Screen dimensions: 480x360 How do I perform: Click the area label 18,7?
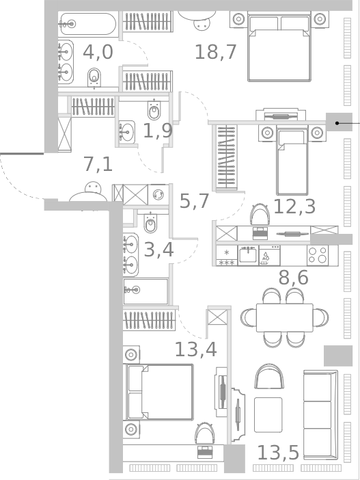point(216,51)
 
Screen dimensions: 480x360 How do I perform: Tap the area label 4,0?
point(98,52)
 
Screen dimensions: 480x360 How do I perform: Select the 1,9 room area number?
point(157,131)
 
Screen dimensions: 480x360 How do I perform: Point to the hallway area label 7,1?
point(98,165)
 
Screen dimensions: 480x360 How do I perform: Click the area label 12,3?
point(294,206)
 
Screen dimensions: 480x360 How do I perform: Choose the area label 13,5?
point(278,452)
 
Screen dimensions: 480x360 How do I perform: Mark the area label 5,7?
point(195,201)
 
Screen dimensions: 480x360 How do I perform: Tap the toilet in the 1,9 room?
point(154,109)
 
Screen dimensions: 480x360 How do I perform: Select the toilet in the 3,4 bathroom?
point(151,222)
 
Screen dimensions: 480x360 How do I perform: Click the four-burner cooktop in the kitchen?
point(318,255)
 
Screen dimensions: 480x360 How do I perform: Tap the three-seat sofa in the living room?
point(320,414)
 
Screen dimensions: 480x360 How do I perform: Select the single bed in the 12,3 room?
point(292,161)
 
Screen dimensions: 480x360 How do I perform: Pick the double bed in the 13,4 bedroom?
point(160,391)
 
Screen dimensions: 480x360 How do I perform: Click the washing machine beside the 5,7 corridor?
point(158,194)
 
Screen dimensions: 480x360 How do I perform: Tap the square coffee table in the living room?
point(268,414)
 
